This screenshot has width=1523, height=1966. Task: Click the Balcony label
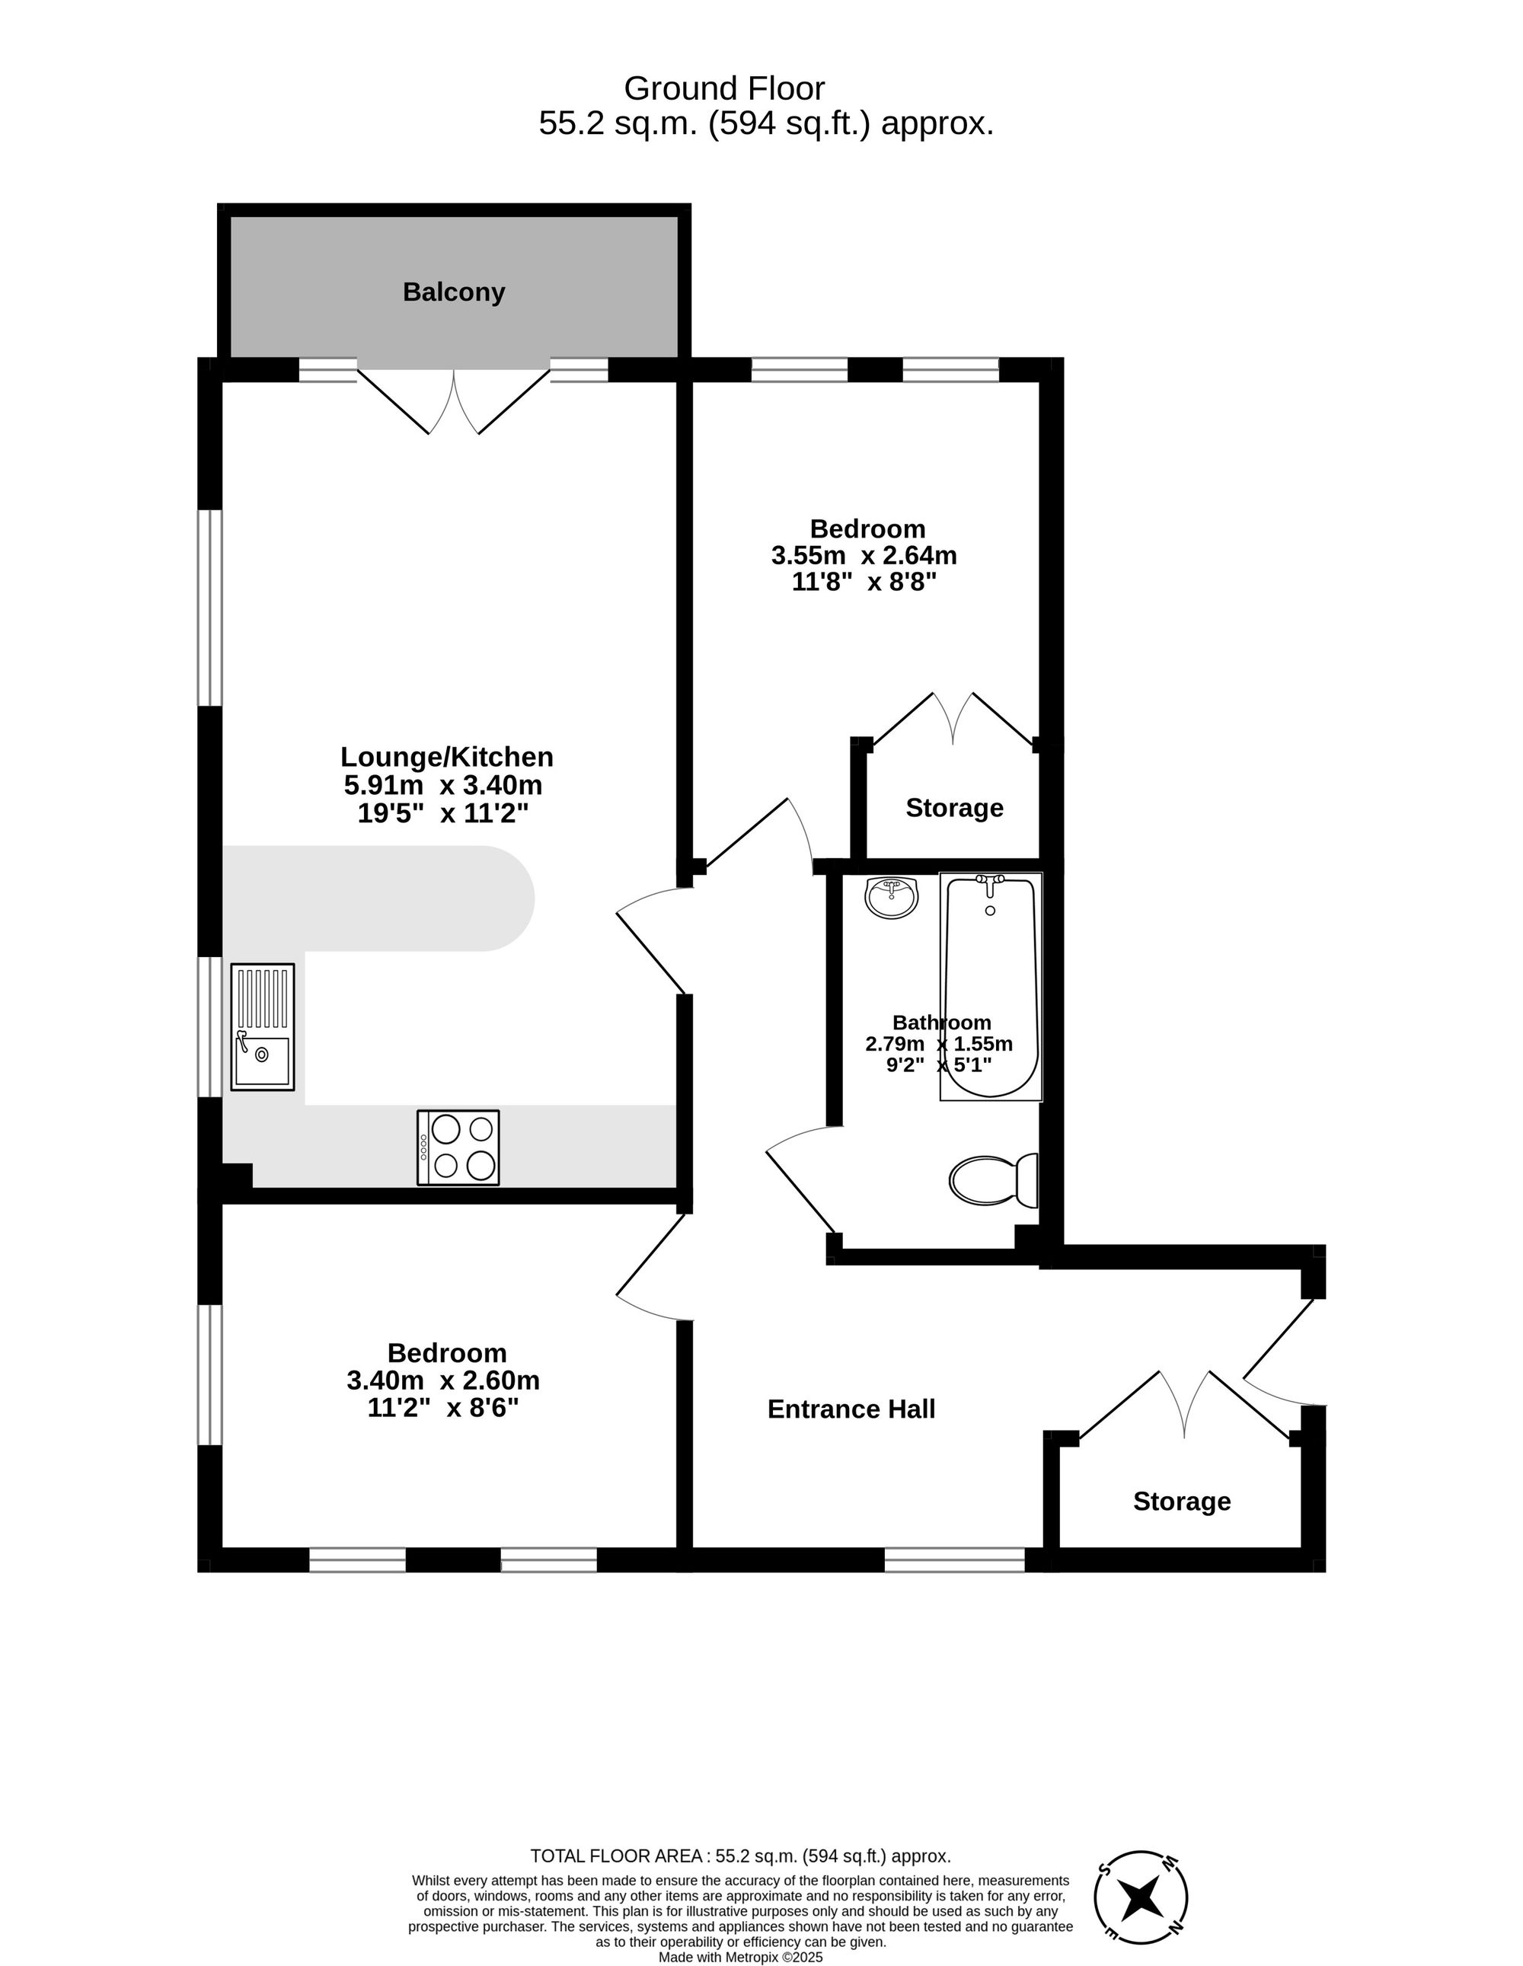pos(454,292)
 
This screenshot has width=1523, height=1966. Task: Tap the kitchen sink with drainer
pos(262,1027)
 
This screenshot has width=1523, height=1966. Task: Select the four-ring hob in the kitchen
pos(458,1147)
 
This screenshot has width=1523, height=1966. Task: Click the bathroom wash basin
pos(891,898)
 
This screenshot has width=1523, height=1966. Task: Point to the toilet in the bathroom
pos(993,1180)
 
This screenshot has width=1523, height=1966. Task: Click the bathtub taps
pos(990,883)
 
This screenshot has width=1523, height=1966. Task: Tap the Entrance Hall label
pos(851,1409)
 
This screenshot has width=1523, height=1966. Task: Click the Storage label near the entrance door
pos(1181,1501)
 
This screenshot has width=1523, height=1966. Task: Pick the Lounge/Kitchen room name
pos(446,757)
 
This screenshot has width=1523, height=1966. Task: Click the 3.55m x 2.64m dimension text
pos(864,555)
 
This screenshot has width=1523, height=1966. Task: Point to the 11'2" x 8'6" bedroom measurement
pos(443,1407)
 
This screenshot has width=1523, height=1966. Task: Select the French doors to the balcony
pos(454,401)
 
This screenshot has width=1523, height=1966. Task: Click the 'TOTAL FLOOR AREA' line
pos(740,1856)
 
